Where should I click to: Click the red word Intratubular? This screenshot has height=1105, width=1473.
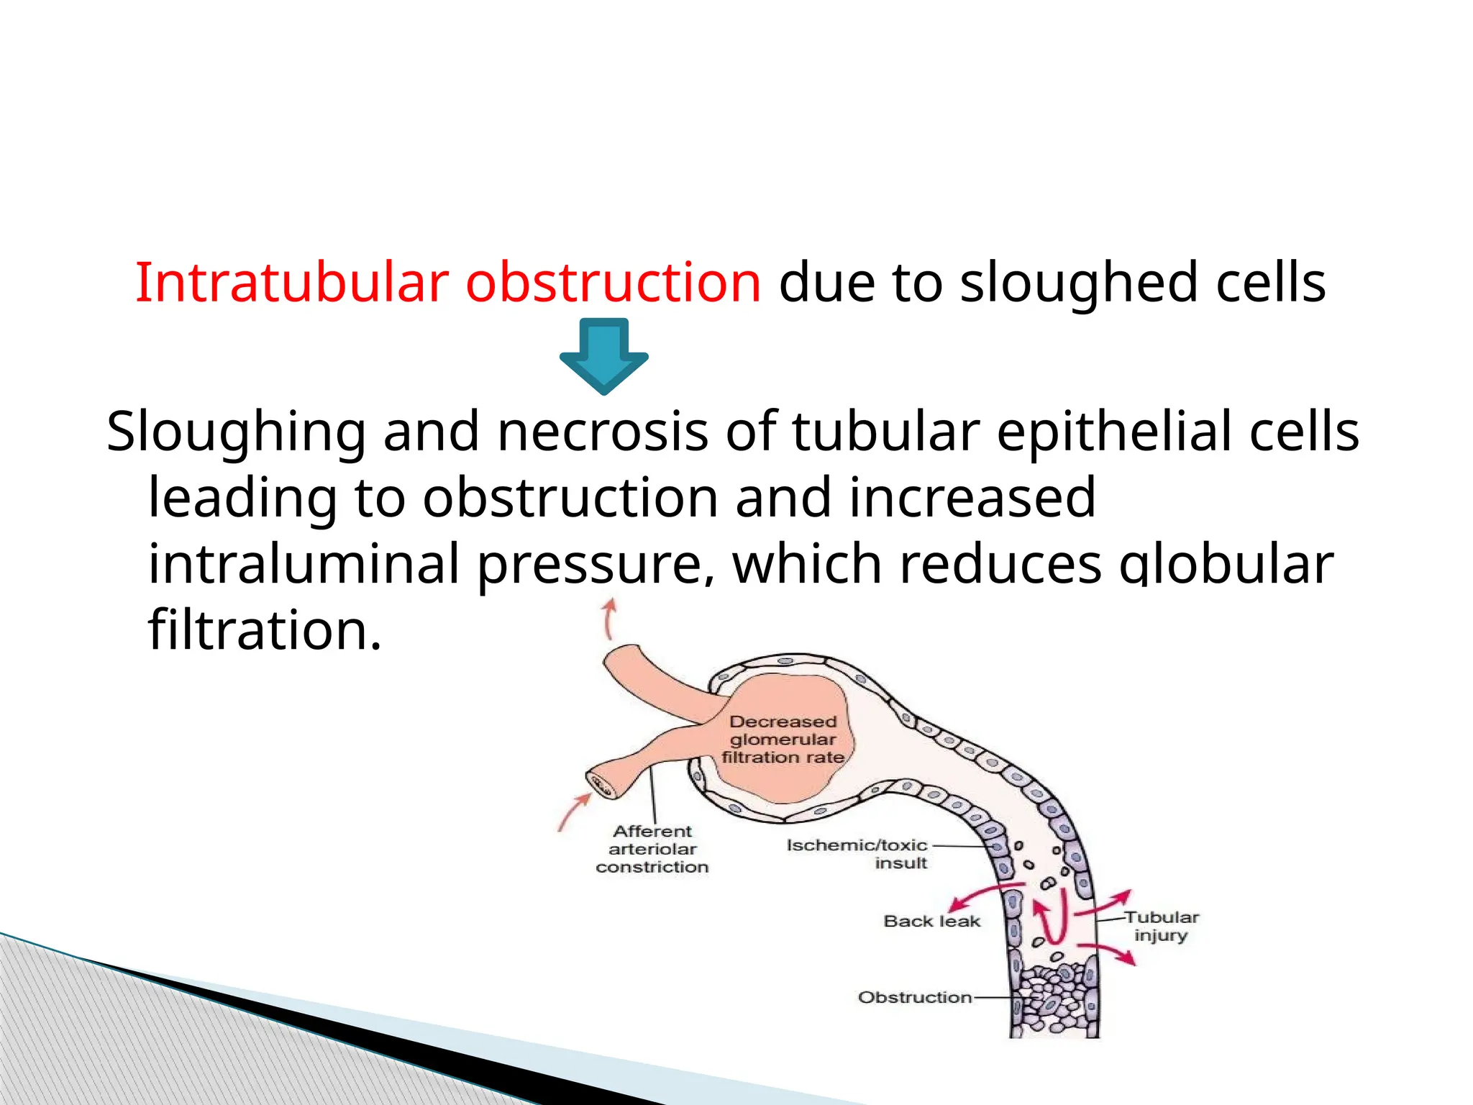point(292,283)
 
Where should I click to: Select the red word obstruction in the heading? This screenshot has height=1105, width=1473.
point(613,283)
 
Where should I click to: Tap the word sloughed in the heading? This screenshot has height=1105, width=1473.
point(1079,283)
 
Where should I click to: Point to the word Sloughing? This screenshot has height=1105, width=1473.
point(236,432)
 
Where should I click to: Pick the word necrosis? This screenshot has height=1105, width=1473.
point(603,432)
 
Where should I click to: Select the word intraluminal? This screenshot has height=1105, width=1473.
point(304,564)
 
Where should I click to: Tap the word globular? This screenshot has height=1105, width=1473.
point(1226,564)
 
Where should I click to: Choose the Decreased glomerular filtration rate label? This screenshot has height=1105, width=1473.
point(783,740)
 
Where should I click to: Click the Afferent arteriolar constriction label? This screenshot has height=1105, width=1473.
point(652,849)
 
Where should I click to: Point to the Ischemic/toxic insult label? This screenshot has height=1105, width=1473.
point(857,854)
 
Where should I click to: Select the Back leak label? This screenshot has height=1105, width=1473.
point(931,922)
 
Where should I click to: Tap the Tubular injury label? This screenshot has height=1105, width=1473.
point(1161,927)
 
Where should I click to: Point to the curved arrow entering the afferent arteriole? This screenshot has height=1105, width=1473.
point(575,812)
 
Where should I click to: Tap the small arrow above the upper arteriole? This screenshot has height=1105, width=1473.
point(610,617)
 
